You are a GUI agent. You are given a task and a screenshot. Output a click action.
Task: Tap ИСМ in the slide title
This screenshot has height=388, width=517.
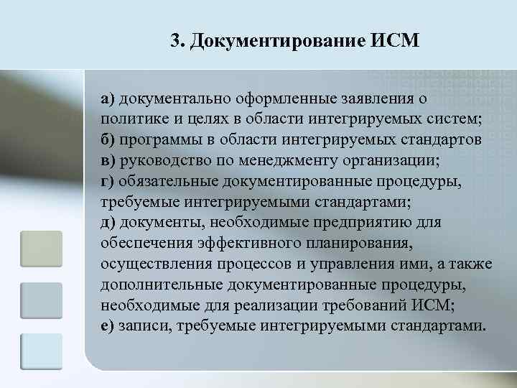[x=393, y=40]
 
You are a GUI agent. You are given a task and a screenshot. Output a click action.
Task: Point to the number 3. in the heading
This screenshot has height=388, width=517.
[x=179, y=40]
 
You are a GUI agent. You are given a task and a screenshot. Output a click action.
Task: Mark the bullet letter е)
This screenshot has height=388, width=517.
[x=108, y=325]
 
